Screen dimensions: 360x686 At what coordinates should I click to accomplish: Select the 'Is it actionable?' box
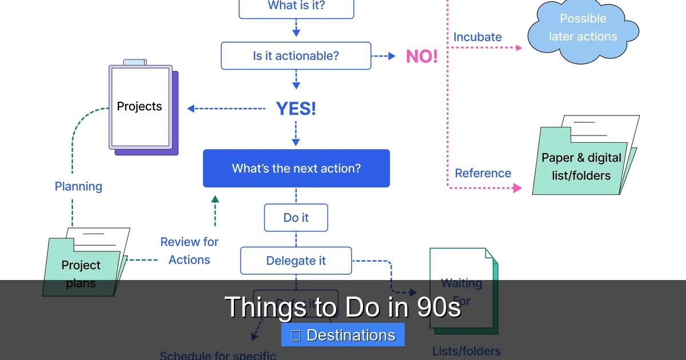(x=296, y=56)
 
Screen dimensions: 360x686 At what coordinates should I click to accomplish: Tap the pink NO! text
(x=422, y=56)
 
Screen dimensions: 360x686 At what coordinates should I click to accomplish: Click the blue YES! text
(x=296, y=109)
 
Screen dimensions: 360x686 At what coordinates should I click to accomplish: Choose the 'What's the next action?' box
(x=296, y=169)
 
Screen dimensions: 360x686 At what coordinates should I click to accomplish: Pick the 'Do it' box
(x=296, y=218)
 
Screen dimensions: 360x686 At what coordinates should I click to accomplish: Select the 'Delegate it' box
(x=296, y=261)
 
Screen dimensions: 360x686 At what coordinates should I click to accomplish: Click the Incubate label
(x=477, y=37)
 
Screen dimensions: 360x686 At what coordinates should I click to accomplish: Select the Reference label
(x=483, y=173)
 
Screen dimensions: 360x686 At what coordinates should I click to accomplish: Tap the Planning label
(x=78, y=186)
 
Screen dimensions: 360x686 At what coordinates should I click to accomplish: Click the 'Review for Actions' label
(x=189, y=251)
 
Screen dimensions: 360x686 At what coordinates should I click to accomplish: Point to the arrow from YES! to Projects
(x=226, y=109)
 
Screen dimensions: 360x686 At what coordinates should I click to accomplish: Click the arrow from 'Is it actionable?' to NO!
(x=384, y=56)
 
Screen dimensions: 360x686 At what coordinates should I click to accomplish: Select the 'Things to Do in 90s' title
(x=342, y=307)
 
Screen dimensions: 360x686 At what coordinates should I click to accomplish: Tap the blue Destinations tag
(x=343, y=335)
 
